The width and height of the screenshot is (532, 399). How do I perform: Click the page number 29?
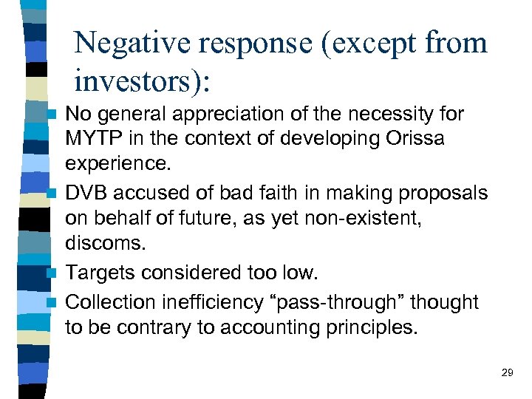[507, 373]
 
